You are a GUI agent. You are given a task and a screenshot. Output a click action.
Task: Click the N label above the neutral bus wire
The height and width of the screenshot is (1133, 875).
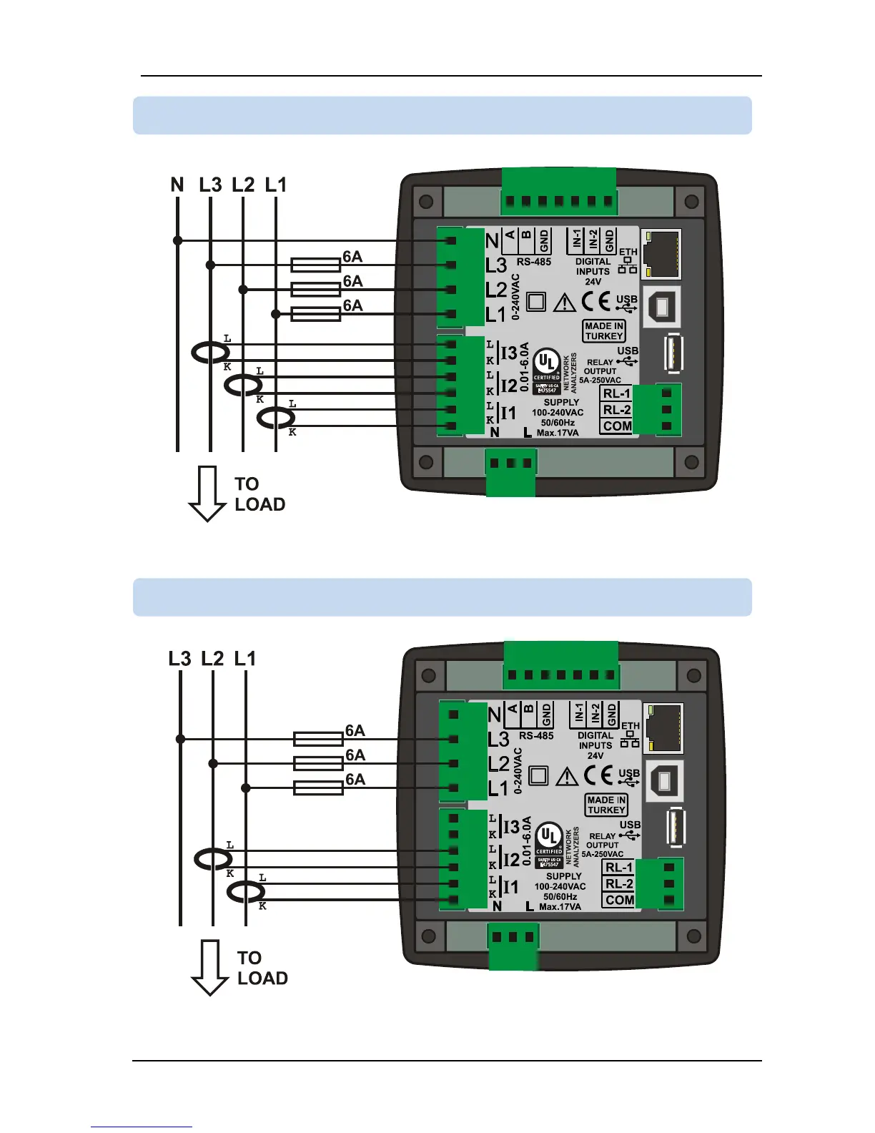pos(177,185)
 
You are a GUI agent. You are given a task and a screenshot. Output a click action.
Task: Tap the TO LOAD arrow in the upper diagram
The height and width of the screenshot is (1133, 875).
pos(207,494)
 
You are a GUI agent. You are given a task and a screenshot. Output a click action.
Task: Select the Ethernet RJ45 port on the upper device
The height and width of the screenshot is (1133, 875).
pos(661,253)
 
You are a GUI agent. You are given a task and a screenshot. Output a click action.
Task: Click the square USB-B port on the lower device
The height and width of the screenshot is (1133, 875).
pos(665,780)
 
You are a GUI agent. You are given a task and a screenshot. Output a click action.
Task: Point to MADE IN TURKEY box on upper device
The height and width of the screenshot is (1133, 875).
pos(605,330)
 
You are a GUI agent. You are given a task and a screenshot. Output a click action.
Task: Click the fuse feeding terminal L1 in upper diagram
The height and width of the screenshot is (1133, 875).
pos(315,314)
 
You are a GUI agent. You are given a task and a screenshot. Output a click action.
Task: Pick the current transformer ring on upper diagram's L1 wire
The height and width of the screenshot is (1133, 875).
pos(276,418)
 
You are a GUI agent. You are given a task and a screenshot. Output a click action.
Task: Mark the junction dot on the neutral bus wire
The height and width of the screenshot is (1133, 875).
pos(177,240)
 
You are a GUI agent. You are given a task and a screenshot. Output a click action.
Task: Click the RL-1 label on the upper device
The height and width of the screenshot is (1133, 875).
pos(617,394)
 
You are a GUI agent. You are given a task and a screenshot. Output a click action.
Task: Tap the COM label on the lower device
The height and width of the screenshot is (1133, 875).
pos(620,900)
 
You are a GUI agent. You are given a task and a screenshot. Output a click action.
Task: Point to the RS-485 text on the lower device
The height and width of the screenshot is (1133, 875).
pos(536,735)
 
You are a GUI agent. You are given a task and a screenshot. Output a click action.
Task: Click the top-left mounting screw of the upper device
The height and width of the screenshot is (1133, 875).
pos(426,202)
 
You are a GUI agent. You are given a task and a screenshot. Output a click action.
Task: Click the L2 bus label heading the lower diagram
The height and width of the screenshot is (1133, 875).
pos(212,658)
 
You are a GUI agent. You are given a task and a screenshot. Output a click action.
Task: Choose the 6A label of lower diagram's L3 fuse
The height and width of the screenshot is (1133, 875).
pos(355,731)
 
